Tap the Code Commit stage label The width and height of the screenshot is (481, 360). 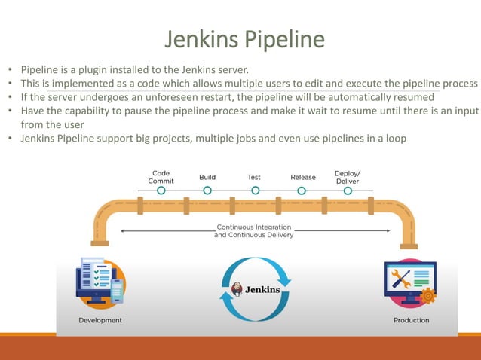[161, 176]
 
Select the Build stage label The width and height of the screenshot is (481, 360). [207, 178]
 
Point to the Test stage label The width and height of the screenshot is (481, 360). [254, 178]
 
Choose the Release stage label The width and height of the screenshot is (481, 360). [302, 178]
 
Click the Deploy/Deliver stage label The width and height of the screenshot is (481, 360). [347, 176]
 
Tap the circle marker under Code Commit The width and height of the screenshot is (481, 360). [161, 191]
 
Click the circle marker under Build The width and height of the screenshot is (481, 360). [207, 191]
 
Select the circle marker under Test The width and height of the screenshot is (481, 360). [255, 191]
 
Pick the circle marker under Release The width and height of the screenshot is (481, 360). [302, 191]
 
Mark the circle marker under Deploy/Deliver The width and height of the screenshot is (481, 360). [348, 191]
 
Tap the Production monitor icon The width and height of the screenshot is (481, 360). [409, 282]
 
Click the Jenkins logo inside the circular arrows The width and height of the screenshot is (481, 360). [255, 288]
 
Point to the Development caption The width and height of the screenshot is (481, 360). [100, 320]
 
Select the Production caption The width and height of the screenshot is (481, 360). [411, 320]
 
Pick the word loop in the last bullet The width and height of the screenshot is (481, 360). [394, 138]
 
